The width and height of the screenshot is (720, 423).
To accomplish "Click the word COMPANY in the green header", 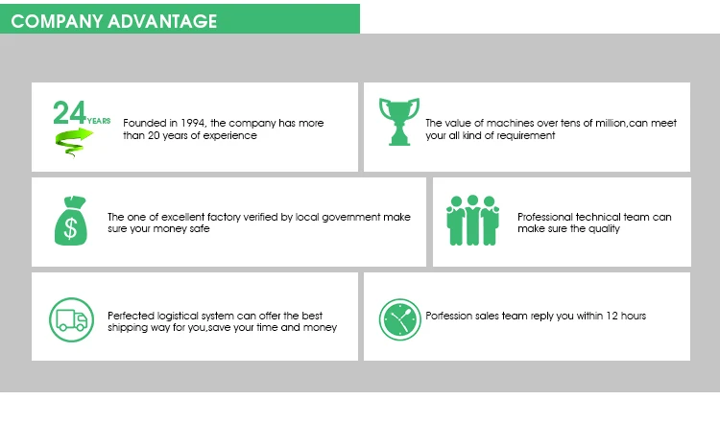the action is tap(57, 21).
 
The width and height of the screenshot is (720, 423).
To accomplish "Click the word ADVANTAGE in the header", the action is tap(162, 21).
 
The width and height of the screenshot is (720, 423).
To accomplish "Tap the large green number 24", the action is tap(70, 114).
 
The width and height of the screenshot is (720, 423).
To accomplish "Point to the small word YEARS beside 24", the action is tap(99, 121).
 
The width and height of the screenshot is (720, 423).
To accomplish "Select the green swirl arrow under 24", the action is tap(73, 143).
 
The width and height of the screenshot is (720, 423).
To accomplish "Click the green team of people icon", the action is tap(473, 222).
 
